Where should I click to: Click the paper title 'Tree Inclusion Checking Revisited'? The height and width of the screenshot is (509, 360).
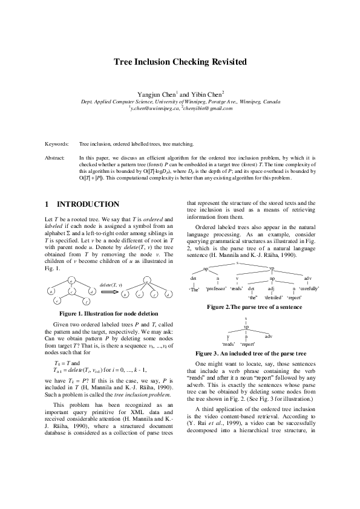point(180,62)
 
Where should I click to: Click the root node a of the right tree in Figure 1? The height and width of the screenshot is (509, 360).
point(146,280)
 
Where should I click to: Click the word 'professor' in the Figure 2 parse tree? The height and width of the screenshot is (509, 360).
point(216,289)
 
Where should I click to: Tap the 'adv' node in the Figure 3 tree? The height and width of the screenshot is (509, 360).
point(268,336)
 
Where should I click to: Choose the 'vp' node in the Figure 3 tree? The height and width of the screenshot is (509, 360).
point(246,326)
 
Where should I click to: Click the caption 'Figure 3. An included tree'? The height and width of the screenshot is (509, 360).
point(251,352)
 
